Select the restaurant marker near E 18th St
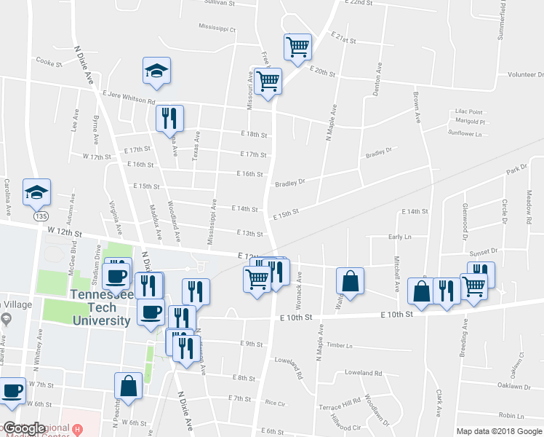click(x=170, y=119)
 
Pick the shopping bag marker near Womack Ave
click(x=351, y=282)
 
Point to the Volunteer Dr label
click(x=525, y=74)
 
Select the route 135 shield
click(x=37, y=217)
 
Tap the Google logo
click(x=24, y=428)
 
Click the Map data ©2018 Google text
click(x=499, y=431)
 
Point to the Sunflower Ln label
click(x=465, y=133)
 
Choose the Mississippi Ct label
click(x=217, y=29)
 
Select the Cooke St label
click(x=49, y=63)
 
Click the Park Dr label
click(x=516, y=169)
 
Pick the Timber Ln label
click(x=340, y=345)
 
